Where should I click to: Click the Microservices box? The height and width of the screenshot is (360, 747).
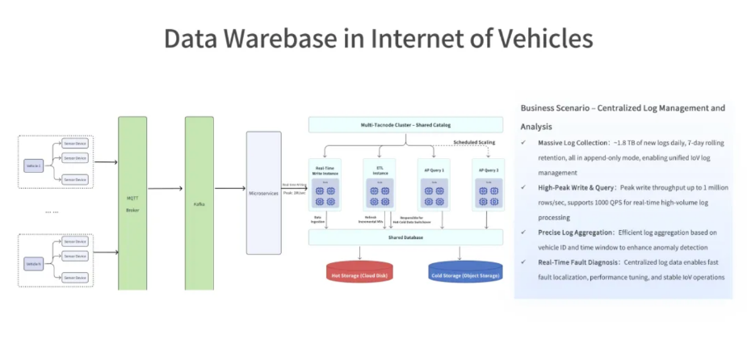tap(263, 193)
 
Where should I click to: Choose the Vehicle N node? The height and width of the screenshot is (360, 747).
tap(33, 263)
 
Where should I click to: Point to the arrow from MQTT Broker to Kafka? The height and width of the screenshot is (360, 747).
tap(166, 189)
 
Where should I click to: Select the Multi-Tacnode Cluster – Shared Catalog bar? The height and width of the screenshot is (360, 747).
tap(405, 125)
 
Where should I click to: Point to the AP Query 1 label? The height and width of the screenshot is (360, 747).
tap(434, 171)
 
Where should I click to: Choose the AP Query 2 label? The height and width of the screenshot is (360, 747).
tap(489, 171)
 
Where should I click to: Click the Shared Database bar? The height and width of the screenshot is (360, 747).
tap(405, 237)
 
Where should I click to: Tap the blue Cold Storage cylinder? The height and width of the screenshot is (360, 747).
tap(464, 274)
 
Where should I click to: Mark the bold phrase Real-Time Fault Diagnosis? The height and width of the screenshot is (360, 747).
tap(578, 263)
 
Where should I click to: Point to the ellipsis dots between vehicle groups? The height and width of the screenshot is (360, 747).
tap(52, 211)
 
